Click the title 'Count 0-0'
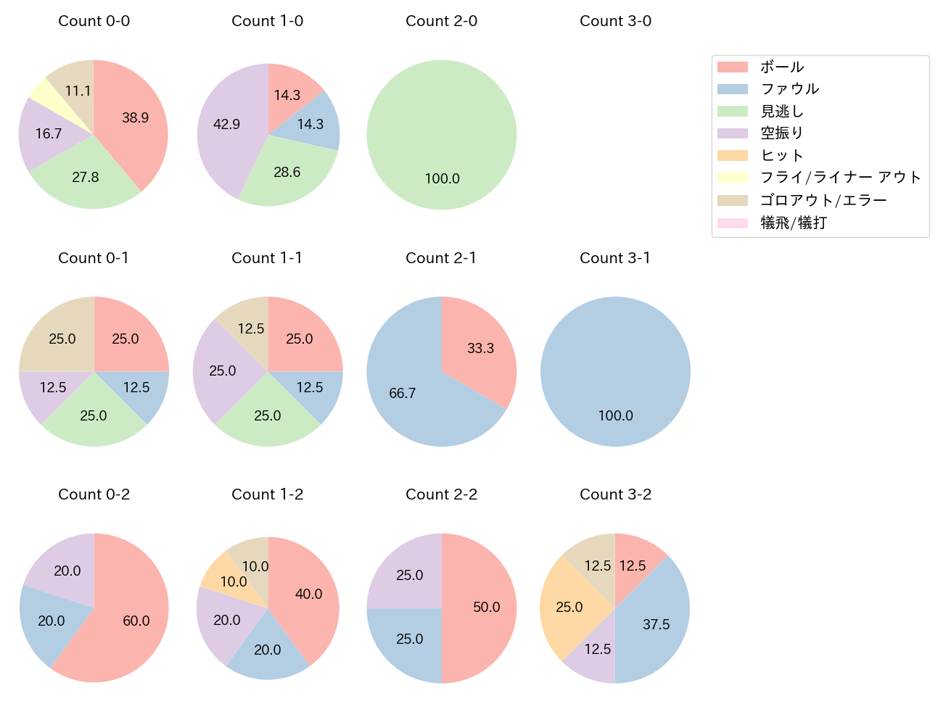(94, 21)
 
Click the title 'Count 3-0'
(615, 21)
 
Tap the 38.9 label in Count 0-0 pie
(135, 117)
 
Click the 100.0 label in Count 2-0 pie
(442, 178)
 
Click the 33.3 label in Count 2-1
(480, 349)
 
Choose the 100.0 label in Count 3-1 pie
(615, 415)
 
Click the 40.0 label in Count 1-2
(308, 594)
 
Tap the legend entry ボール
(781, 67)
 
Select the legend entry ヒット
(781, 156)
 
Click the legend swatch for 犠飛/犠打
(732, 223)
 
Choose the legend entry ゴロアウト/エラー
(823, 201)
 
